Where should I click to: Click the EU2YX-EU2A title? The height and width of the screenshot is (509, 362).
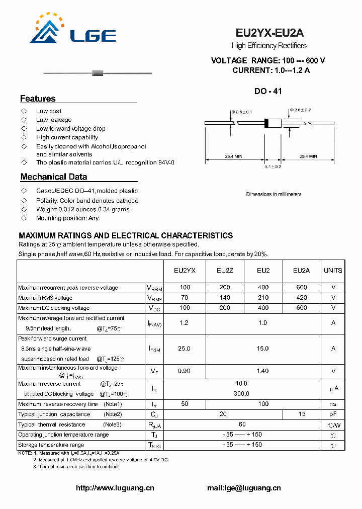pos(269,33)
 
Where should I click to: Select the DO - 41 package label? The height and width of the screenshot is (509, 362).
pos(268,92)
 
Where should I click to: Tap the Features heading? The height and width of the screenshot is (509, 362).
pos(38,99)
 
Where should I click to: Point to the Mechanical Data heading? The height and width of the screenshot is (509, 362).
pos(54,177)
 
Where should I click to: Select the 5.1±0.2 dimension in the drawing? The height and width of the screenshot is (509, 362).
pos(273,166)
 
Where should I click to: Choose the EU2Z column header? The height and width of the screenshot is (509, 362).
pos(225,271)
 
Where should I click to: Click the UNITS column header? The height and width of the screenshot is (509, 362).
pos(333,271)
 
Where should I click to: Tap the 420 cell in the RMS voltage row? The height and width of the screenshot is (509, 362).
pos(302,298)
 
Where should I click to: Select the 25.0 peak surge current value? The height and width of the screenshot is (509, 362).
pos(185,349)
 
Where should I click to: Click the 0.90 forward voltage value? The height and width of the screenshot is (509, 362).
pos(185,371)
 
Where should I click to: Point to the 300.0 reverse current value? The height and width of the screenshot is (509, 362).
pos(242,394)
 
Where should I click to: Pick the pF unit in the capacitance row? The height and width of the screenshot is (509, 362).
pos(333,414)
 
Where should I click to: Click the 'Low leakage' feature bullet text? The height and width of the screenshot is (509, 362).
pos(54,120)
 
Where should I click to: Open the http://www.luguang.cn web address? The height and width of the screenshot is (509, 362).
pos(115,488)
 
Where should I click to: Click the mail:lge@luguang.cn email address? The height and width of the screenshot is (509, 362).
pos(244,488)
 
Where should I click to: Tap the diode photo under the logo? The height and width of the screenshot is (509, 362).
pos(98,73)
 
